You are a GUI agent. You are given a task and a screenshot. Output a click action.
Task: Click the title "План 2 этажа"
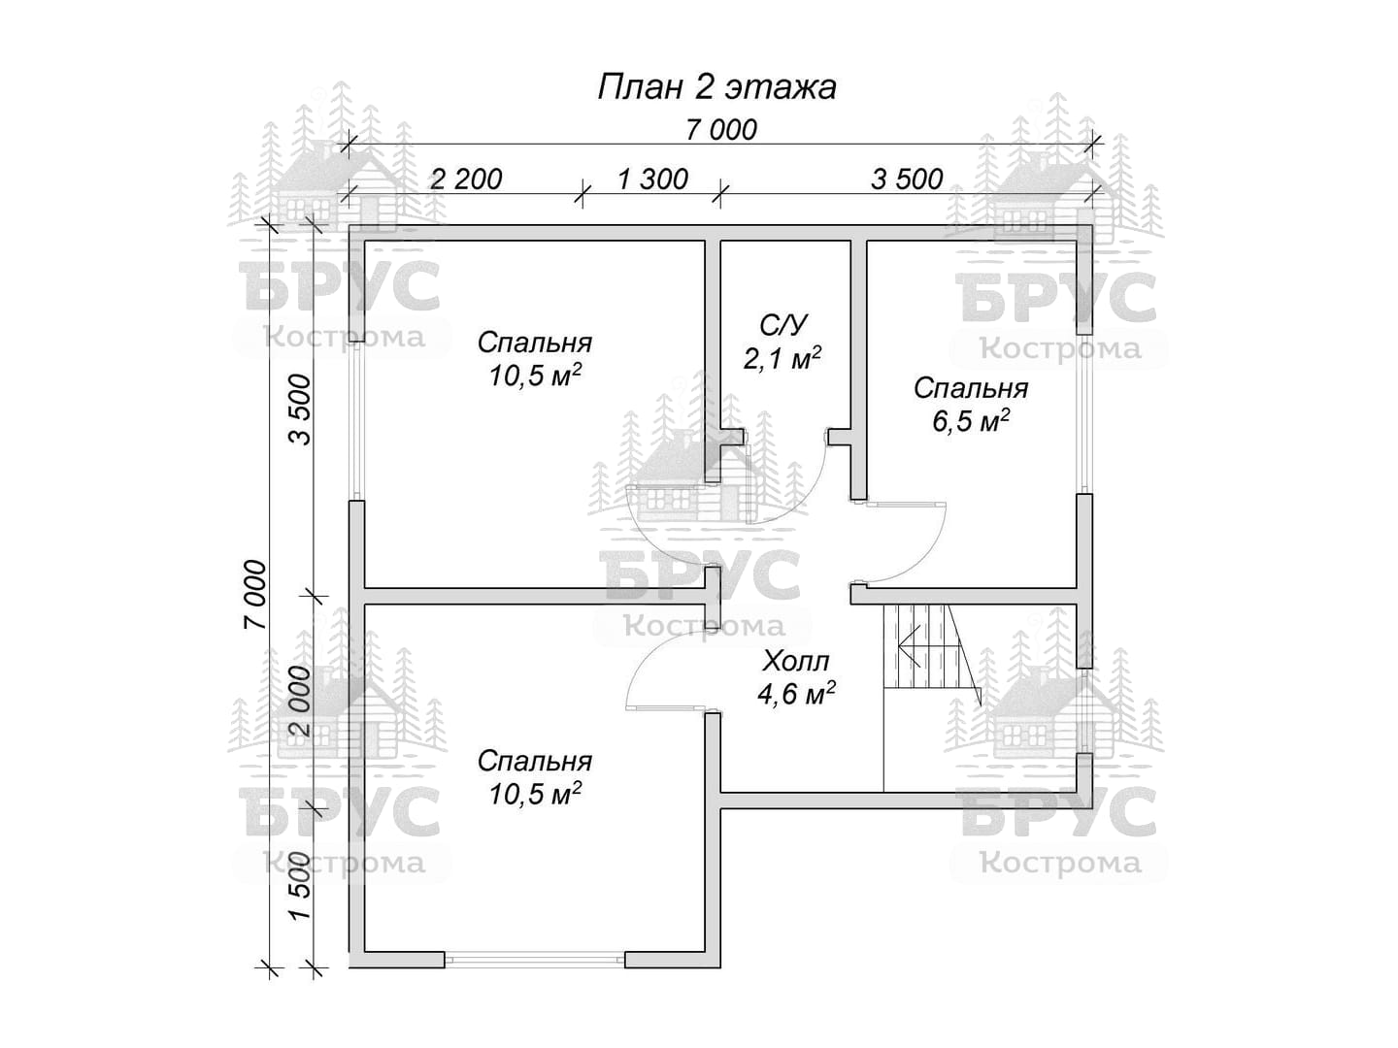(x=716, y=87)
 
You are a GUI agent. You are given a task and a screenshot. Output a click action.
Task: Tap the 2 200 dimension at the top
(x=466, y=180)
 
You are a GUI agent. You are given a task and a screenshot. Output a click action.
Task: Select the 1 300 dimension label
(x=652, y=180)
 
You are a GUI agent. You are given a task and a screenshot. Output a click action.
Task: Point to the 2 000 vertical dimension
(x=300, y=701)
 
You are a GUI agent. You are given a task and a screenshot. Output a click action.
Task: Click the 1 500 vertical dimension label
(x=300, y=885)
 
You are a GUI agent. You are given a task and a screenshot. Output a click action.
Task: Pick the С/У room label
(x=782, y=325)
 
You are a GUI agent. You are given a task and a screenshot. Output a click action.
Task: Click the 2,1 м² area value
(x=782, y=359)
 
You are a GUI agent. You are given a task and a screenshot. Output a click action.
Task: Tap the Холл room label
(x=796, y=662)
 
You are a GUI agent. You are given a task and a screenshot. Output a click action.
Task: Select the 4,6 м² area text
(x=796, y=694)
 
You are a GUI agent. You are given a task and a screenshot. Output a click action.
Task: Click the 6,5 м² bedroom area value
(x=971, y=421)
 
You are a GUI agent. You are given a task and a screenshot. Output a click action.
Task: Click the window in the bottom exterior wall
(x=534, y=977)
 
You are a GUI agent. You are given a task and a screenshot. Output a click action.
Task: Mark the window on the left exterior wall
(x=356, y=421)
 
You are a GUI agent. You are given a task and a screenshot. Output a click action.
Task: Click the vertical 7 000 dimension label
(x=253, y=596)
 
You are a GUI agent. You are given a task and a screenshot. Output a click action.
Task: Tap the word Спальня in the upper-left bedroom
(x=535, y=343)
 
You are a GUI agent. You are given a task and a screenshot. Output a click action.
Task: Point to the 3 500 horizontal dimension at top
(x=907, y=180)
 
